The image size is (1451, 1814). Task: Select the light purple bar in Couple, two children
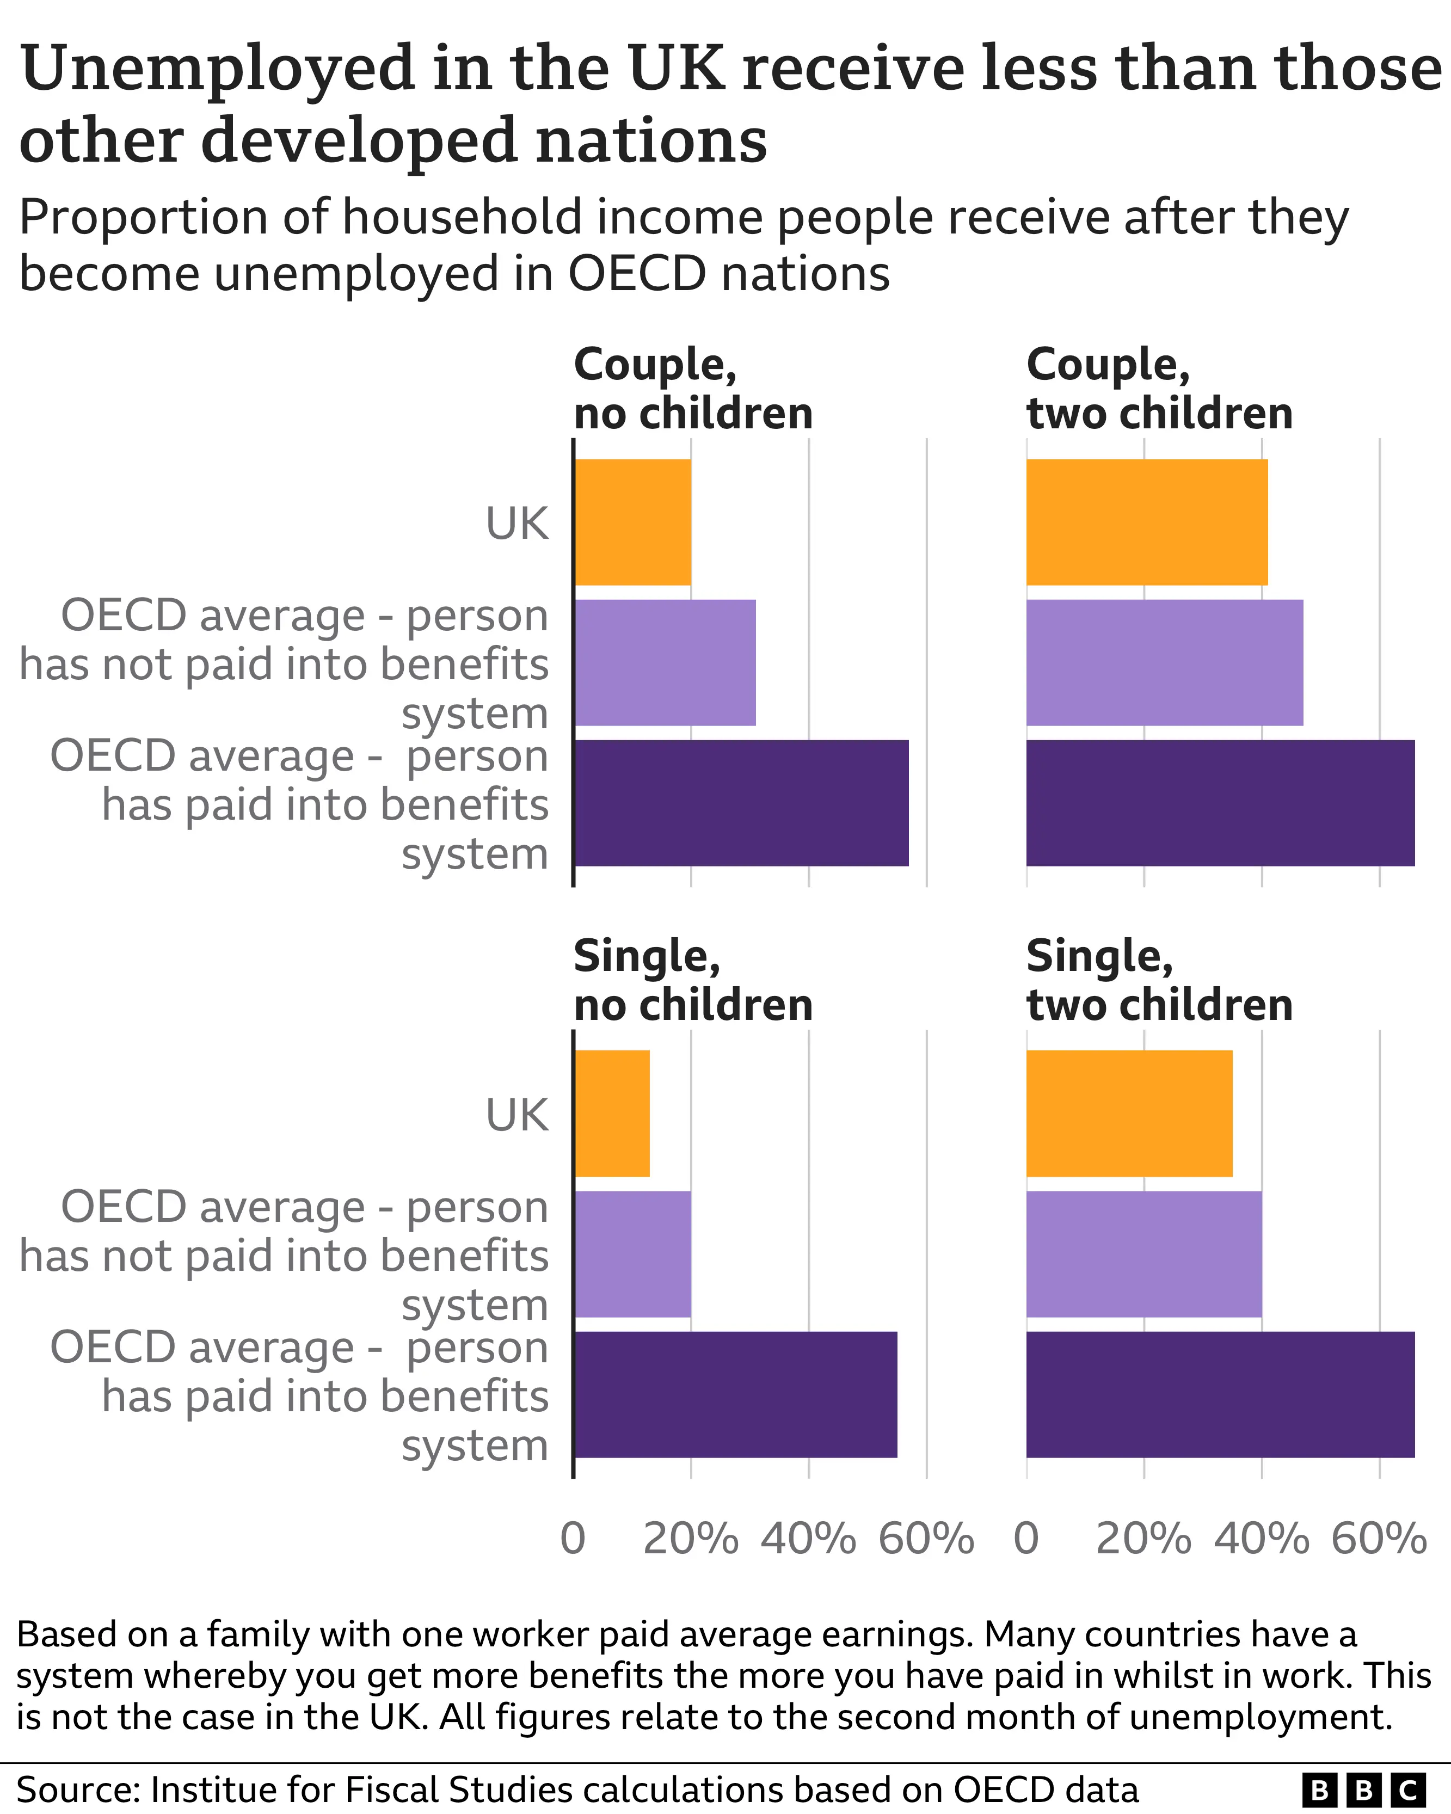[1164, 662]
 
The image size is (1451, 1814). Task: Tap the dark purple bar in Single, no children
[735, 1394]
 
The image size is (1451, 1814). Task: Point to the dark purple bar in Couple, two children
[1220, 803]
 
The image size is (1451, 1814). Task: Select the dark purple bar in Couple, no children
[740, 803]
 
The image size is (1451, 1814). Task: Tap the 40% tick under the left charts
[808, 1538]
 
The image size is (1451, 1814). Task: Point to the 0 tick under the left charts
[573, 1538]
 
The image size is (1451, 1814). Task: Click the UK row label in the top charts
[517, 524]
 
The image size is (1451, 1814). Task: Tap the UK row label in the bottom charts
[517, 1115]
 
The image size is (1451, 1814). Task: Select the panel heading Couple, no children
[692, 389]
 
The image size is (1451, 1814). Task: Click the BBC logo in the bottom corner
[1363, 1790]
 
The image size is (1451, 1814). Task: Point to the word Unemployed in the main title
[217, 69]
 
